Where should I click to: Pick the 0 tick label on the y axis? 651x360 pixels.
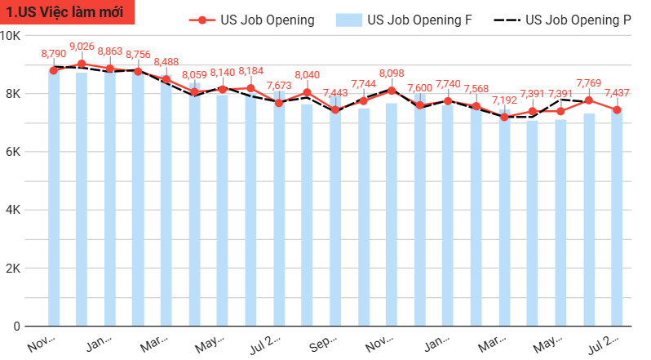(16, 327)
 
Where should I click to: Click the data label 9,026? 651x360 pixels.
(82, 47)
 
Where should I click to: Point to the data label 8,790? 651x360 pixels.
(54, 54)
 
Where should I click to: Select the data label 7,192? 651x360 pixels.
(504, 100)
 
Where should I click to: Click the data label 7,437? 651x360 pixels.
(617, 93)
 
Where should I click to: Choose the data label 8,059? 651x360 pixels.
(194, 74)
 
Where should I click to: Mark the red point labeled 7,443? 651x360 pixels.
(335, 109)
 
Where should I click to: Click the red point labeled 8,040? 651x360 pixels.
(307, 92)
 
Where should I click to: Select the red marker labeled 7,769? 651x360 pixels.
(588, 100)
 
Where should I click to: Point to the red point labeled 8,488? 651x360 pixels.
(166, 79)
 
